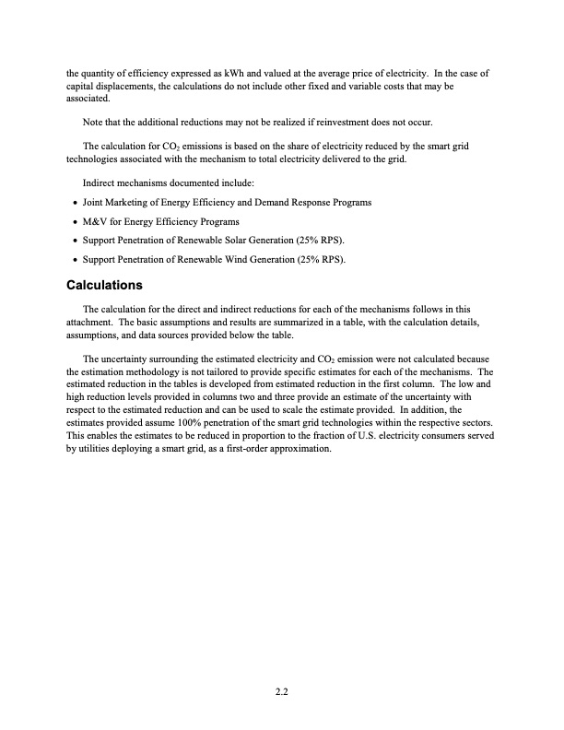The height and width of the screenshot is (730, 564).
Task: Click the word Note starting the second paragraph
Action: (x=94, y=122)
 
